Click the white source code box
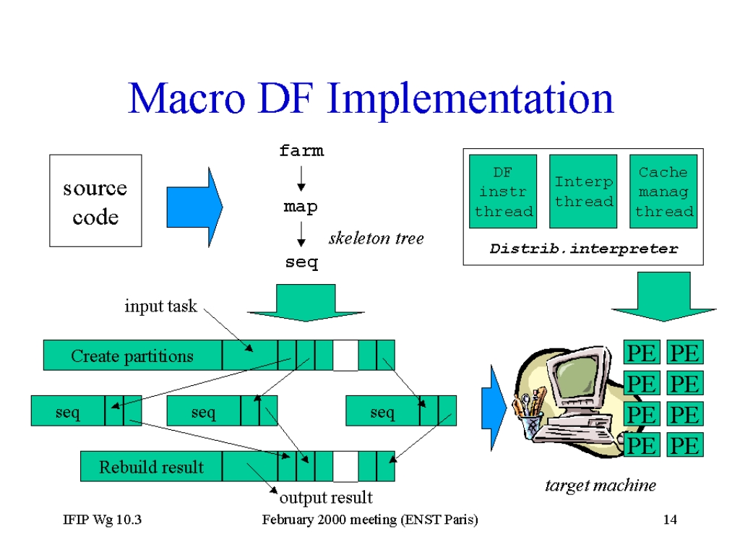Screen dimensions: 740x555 (95, 201)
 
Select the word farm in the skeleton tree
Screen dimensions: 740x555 (301, 150)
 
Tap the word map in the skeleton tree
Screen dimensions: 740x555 (301, 207)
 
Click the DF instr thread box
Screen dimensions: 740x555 (503, 192)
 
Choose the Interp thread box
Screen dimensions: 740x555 (583, 192)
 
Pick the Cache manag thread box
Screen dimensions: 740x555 (663, 192)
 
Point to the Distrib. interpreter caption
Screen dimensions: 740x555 (584, 249)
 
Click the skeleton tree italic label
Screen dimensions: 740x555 (376, 238)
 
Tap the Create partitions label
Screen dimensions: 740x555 (132, 356)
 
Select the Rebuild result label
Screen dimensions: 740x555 (152, 467)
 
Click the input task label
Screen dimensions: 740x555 (160, 306)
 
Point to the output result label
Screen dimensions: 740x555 (326, 497)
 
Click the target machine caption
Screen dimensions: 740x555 (601, 485)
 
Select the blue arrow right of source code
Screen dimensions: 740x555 (194, 207)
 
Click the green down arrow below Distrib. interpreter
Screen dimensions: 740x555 (663, 296)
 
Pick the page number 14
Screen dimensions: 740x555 (670, 520)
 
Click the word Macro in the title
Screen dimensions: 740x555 (187, 98)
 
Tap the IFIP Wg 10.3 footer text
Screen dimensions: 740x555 (103, 520)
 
